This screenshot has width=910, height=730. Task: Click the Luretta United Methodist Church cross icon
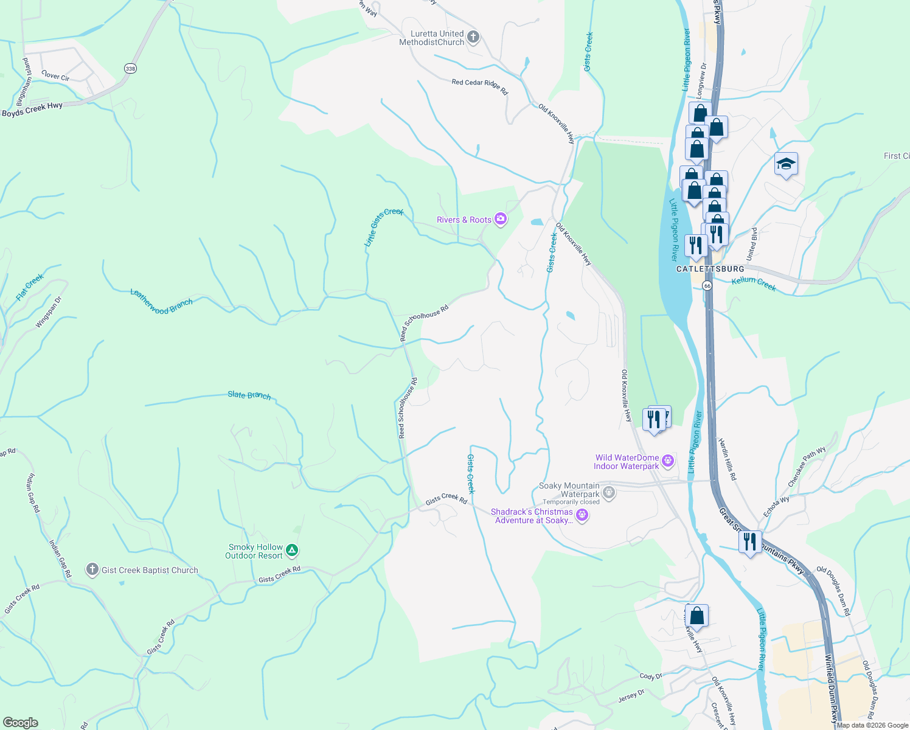(x=473, y=38)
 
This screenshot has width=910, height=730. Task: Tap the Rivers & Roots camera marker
(x=500, y=219)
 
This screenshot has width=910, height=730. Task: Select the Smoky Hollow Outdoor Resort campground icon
(x=292, y=551)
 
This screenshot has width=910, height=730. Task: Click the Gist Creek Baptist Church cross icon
(x=92, y=569)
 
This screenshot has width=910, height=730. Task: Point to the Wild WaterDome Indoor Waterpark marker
(x=668, y=461)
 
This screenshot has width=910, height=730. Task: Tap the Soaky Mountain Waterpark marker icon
(x=609, y=492)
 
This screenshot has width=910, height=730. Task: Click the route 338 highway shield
(x=130, y=68)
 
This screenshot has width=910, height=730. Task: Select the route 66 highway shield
(x=707, y=285)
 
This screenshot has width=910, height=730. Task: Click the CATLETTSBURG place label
(x=710, y=269)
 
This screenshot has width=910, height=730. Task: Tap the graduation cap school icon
(x=786, y=164)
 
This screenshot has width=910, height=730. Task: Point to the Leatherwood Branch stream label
(x=161, y=302)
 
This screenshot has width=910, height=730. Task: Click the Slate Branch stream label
(x=249, y=395)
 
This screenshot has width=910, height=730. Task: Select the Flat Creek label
(x=30, y=287)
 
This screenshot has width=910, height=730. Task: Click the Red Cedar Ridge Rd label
(x=479, y=86)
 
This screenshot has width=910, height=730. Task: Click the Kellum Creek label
(x=754, y=283)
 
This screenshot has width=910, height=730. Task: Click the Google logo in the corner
(x=20, y=722)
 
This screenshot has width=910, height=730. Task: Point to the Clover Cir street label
(x=55, y=76)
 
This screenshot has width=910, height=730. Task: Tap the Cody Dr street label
(x=650, y=676)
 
